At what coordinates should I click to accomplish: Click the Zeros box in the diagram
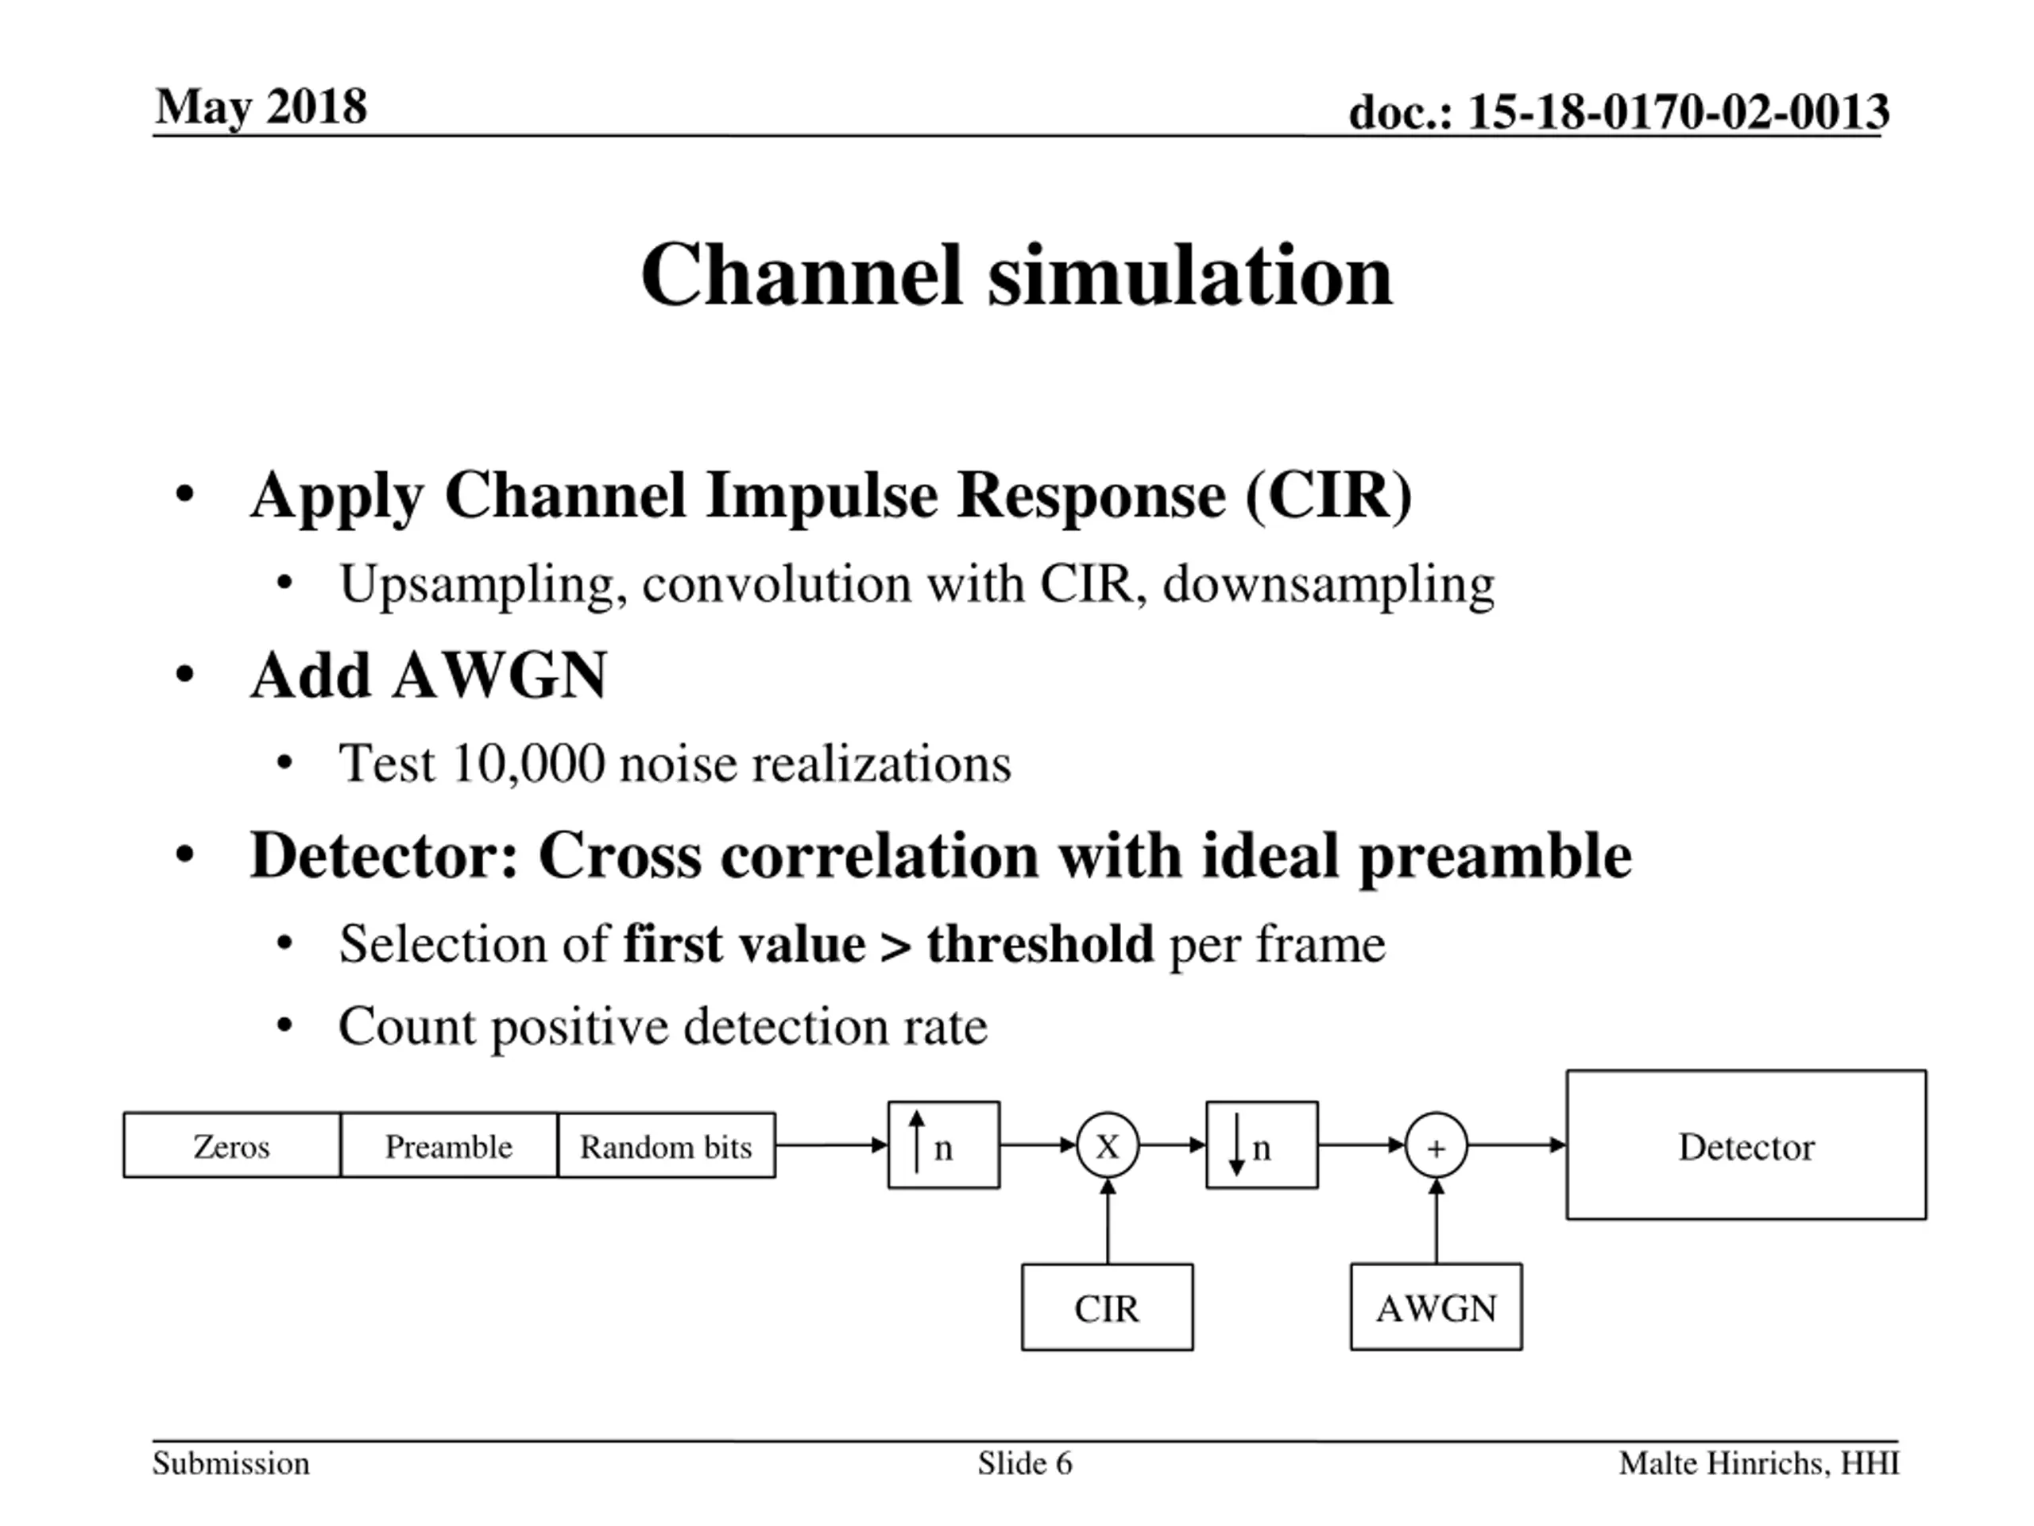coord(232,1145)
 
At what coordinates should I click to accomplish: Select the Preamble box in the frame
coord(449,1145)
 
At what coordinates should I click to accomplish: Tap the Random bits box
coord(666,1145)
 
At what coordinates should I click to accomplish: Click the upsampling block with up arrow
coord(943,1144)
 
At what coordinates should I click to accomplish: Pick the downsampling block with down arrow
coord(1262,1144)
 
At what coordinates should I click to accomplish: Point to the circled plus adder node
coord(1436,1145)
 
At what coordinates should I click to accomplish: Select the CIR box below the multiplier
coord(1107,1307)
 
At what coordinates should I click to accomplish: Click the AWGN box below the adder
coord(1436,1307)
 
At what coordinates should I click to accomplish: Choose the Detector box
coord(1746,1145)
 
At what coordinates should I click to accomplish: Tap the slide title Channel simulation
coord(1016,275)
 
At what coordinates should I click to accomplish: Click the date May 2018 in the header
coord(261,107)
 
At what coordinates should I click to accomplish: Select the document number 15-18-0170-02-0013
coord(1678,112)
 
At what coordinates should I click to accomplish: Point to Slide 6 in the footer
coord(1024,1462)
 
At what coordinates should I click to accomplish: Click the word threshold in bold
coord(1040,943)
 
